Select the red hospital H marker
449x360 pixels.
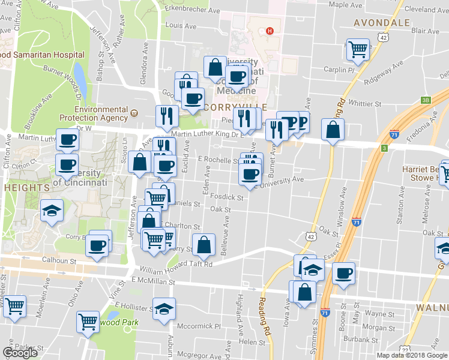pos(270,31)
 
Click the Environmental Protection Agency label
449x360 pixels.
pos(101,113)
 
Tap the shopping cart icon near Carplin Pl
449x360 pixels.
pos(358,49)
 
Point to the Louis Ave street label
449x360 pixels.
pos(181,26)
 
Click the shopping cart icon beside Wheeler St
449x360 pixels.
pos(14,305)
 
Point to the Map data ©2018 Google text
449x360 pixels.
pos(412,355)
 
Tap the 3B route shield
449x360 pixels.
pos(426,100)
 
